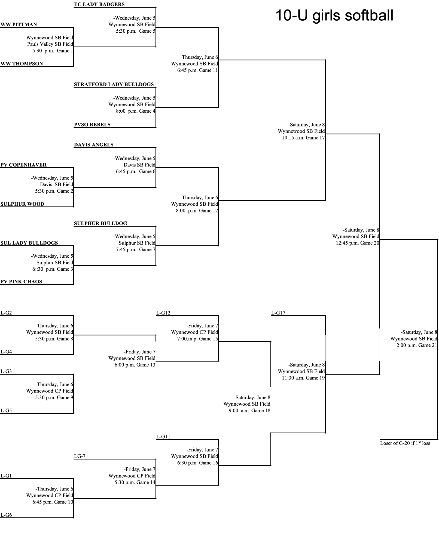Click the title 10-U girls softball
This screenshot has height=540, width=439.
[x=334, y=15]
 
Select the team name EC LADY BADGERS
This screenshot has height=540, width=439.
[x=99, y=4]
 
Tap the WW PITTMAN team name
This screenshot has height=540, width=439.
[x=19, y=24]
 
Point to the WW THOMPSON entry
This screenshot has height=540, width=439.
[x=22, y=64]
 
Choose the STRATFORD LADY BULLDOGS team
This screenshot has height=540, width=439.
[x=114, y=84]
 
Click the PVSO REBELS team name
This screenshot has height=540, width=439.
[x=92, y=125]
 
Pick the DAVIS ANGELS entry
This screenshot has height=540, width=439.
[x=94, y=145]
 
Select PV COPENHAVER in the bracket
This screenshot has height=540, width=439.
[x=23, y=165]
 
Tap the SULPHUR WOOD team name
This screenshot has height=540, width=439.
[x=22, y=204]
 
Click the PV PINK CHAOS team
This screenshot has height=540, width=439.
[x=21, y=282]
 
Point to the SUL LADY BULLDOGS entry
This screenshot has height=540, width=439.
[x=29, y=243]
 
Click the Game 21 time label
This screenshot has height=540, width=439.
[x=417, y=345]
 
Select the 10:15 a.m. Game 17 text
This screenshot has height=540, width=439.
[x=303, y=138]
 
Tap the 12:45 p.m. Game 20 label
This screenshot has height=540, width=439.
[x=357, y=243]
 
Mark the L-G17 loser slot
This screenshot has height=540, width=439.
[x=278, y=313]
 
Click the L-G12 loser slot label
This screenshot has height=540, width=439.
[x=163, y=313]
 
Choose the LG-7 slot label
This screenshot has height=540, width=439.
[x=80, y=456]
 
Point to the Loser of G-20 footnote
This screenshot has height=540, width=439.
[x=405, y=443]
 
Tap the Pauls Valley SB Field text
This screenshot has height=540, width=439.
[x=50, y=44]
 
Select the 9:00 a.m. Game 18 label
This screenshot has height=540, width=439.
[x=249, y=411]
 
